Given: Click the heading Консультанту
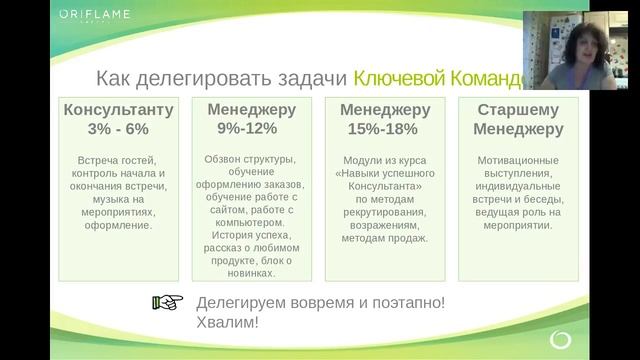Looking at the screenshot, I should pyautogui.click(x=118, y=109).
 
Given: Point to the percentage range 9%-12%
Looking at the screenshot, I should pyautogui.click(x=247, y=128).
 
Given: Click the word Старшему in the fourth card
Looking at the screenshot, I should pyautogui.click(x=519, y=109).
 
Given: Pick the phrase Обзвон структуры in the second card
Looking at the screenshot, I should pyautogui.click(x=247, y=159).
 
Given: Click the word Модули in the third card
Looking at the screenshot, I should pyautogui.click(x=363, y=159).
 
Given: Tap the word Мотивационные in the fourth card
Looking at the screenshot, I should pyautogui.click(x=519, y=159).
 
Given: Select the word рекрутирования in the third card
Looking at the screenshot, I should pyautogui.click(x=385, y=212).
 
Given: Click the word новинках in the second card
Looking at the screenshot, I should pyautogui.click(x=247, y=272).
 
